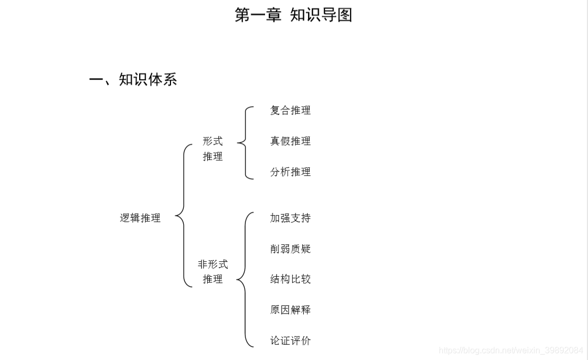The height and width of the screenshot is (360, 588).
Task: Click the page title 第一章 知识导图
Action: (293, 15)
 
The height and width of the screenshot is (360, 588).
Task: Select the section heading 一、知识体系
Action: (133, 80)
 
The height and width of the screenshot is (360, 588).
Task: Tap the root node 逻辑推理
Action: (140, 218)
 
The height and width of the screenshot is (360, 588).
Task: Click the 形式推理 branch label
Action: (212, 149)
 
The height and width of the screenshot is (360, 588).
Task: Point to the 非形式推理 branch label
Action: (212, 271)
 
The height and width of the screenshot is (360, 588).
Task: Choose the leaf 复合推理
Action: (290, 110)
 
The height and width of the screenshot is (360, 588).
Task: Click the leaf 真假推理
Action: (290, 141)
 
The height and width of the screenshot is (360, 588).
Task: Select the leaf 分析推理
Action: (290, 172)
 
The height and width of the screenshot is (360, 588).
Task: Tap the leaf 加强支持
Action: (290, 218)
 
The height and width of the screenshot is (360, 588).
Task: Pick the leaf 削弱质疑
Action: (290, 249)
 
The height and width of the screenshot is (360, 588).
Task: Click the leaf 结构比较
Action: (290, 279)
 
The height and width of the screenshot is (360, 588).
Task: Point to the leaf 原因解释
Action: (290, 310)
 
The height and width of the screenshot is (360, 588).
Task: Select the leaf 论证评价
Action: (290, 341)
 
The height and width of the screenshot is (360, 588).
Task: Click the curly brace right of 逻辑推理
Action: (183, 216)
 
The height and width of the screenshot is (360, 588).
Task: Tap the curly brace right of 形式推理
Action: (245, 142)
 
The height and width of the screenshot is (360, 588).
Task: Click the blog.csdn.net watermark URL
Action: (511, 350)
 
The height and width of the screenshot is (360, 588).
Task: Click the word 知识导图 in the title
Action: (321, 15)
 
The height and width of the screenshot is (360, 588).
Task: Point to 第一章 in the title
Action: (258, 15)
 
